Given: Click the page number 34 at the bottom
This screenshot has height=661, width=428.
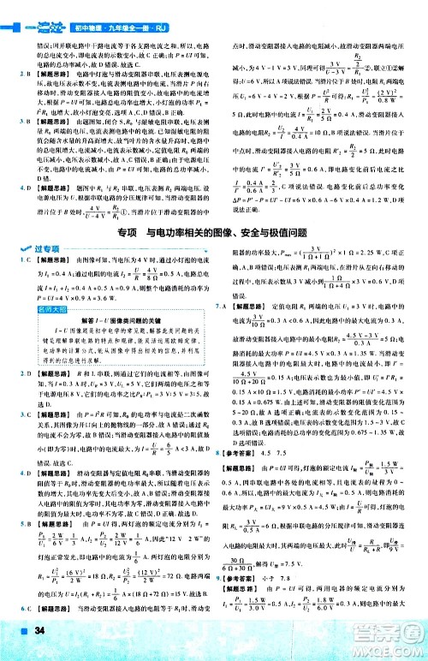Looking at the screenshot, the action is click(40, 633).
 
